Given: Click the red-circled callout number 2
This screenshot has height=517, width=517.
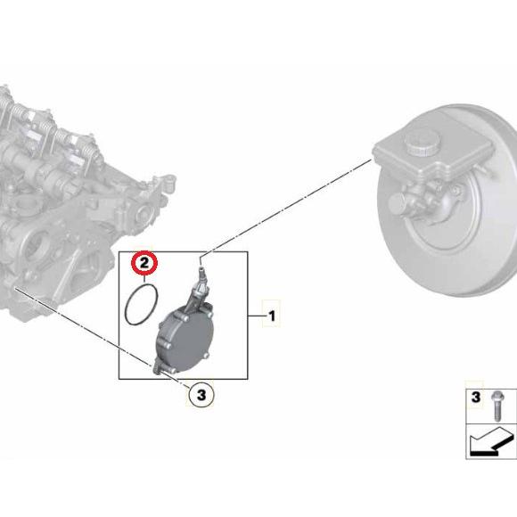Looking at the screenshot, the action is coord(144,263).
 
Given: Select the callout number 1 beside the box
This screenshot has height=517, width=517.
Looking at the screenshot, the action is coord(272,316).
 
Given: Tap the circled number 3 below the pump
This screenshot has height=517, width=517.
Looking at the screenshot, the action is coord(201,394).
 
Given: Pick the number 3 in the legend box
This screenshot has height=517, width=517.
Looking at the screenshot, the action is coord(475,397).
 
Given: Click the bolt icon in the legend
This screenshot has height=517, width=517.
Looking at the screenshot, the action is coord(496,406).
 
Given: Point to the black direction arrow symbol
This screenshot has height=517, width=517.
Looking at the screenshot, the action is coord(492,442).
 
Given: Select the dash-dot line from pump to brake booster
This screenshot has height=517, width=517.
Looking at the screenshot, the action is coord(286,207).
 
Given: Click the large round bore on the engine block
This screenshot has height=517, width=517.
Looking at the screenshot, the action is coord(34,244).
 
